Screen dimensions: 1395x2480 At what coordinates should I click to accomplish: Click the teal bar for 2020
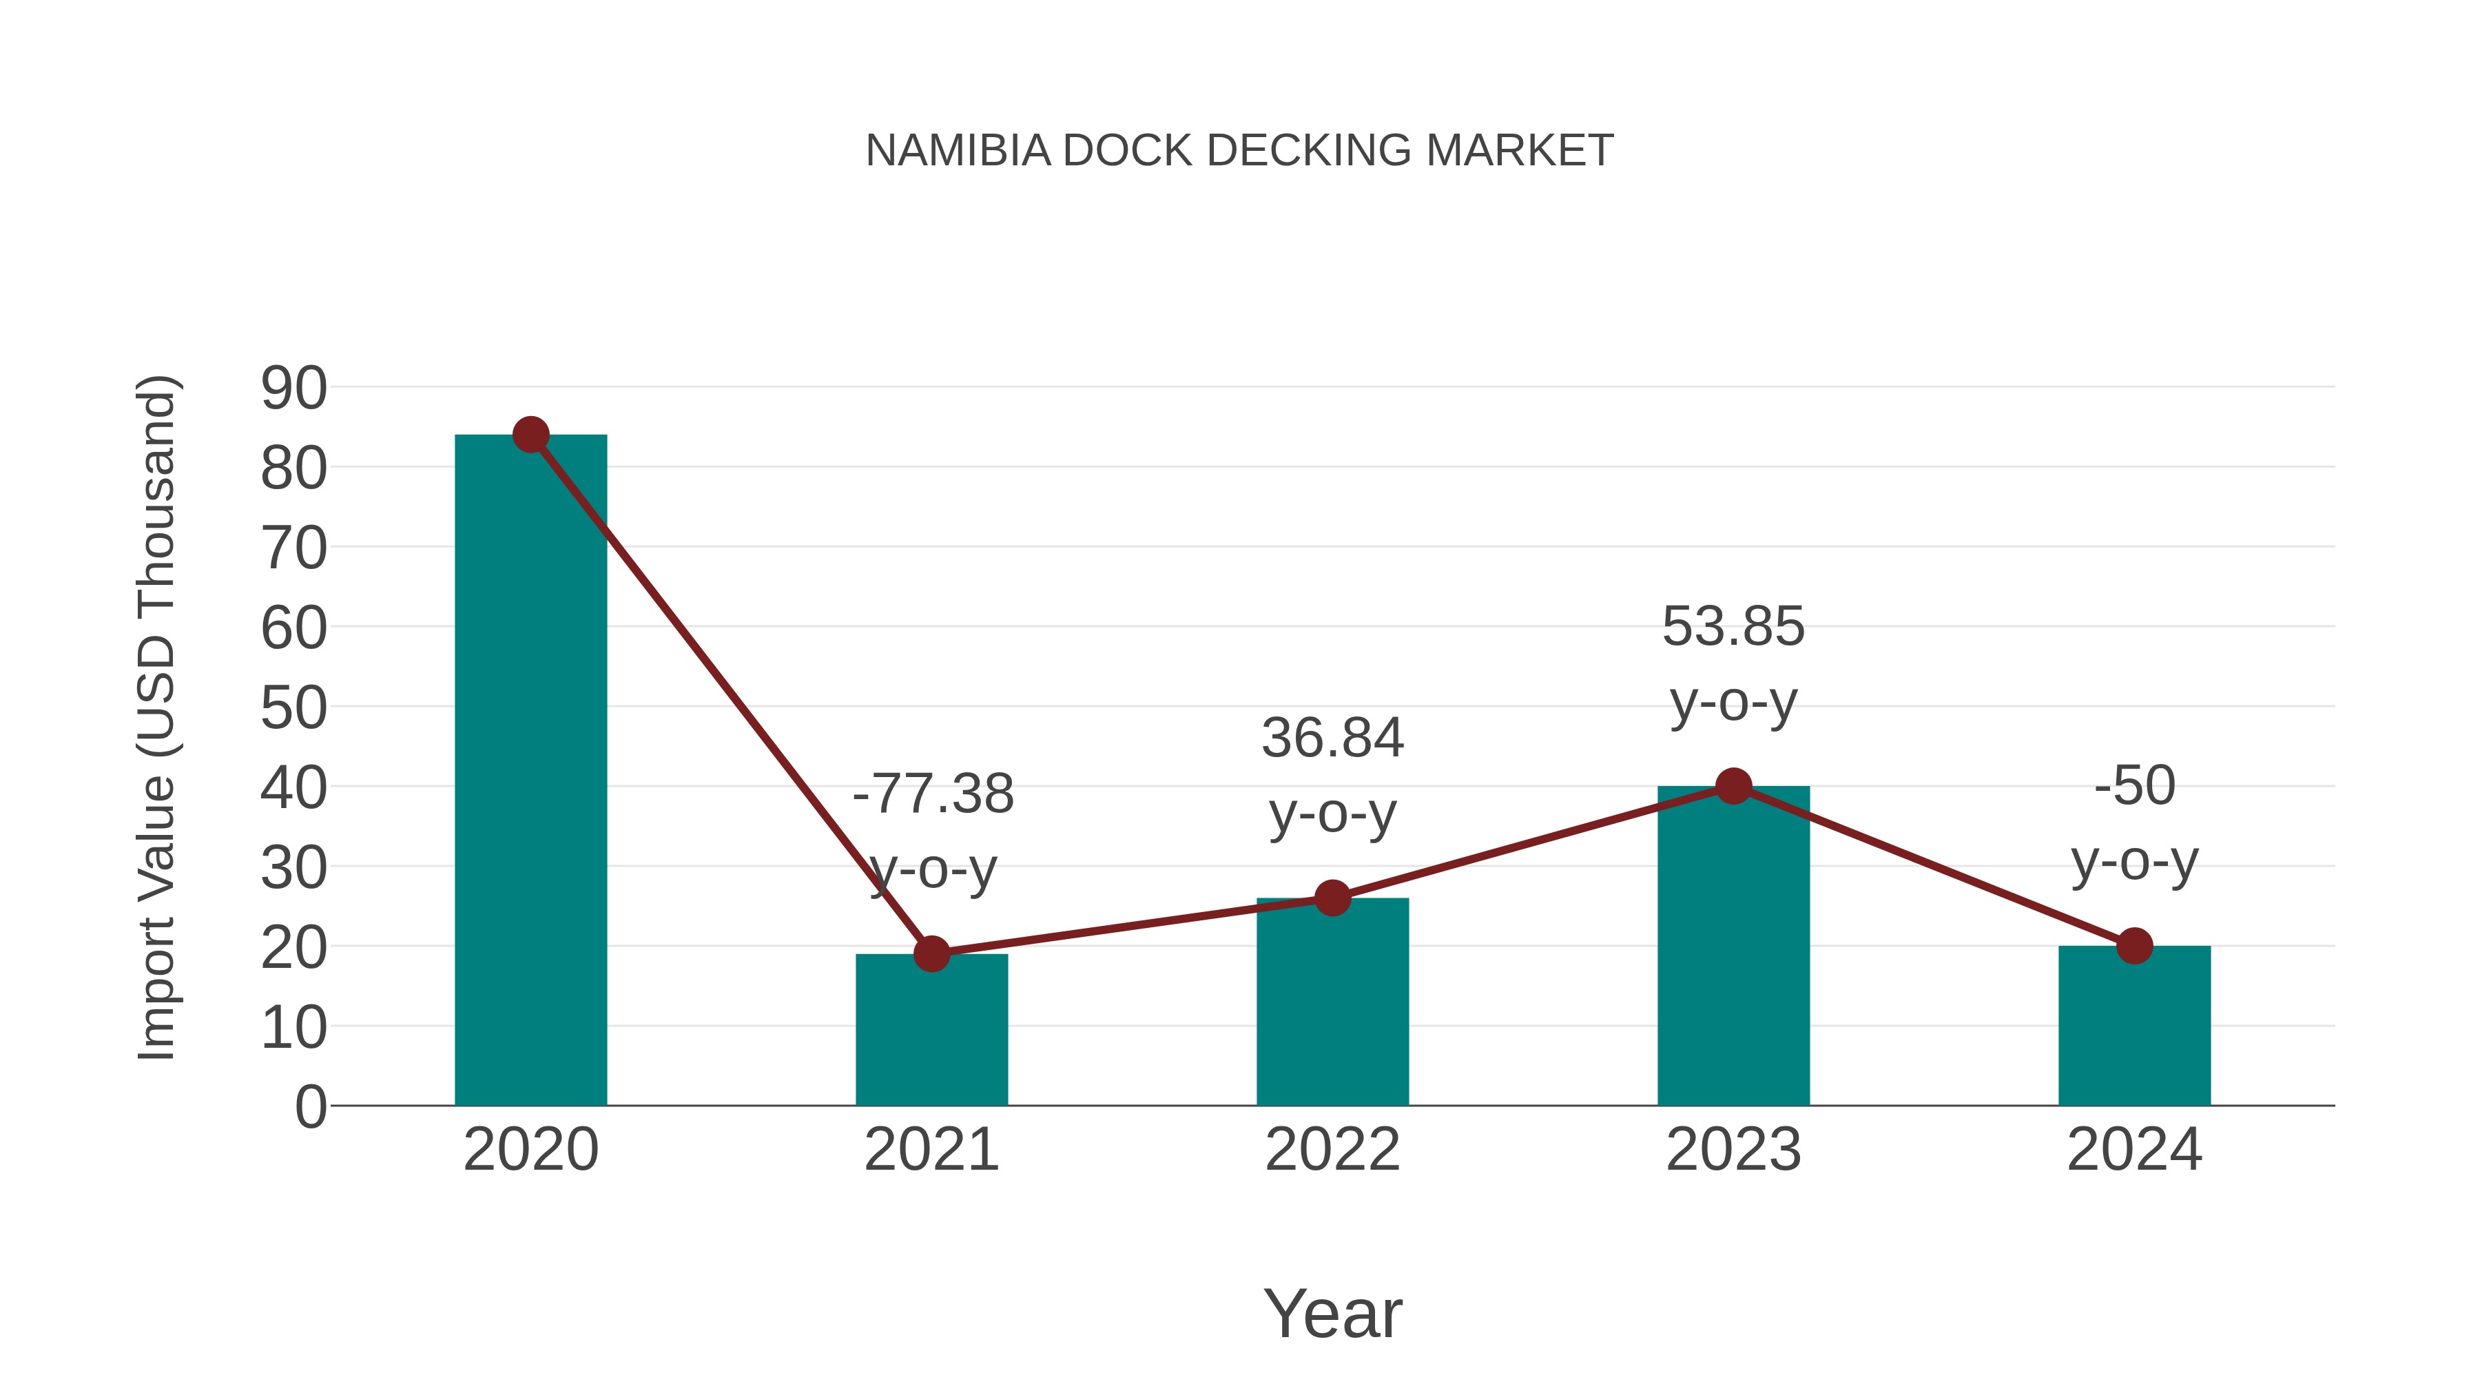point(530,770)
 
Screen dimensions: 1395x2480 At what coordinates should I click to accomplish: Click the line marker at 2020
point(530,435)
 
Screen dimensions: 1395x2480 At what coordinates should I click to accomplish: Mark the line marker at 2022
point(1332,898)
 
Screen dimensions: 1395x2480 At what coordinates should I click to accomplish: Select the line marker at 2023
point(1733,787)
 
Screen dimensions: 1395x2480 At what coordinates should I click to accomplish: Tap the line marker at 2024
point(2134,947)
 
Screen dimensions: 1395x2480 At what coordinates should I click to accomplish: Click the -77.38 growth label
point(932,795)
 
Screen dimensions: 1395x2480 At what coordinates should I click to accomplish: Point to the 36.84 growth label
point(1332,739)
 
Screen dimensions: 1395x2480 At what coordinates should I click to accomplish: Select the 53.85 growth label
point(1733,627)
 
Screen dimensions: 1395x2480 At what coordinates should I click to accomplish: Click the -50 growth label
point(2134,785)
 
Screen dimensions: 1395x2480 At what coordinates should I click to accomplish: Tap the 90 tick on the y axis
point(293,389)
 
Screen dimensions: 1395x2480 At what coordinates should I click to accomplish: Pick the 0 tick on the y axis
point(310,1107)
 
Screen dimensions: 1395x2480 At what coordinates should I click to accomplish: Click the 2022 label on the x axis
point(1332,1150)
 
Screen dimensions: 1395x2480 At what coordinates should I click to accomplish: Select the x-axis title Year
point(1332,1314)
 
